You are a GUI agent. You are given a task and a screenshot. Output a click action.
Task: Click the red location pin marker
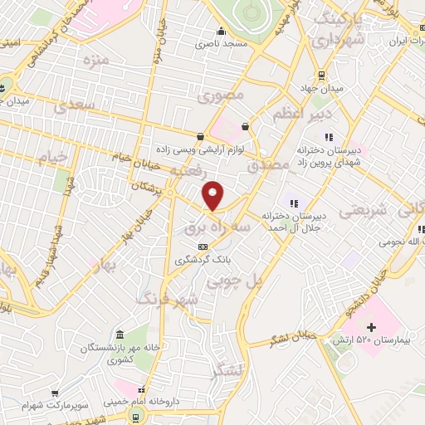[x=213, y=195]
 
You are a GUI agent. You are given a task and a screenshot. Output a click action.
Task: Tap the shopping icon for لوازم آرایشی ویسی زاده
[x=200, y=136]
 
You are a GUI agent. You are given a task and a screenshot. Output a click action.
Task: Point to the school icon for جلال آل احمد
[x=292, y=202]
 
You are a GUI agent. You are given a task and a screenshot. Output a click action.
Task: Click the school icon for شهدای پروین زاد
[x=329, y=137]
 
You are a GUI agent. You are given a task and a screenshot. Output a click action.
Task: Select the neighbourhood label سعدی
[x=76, y=106]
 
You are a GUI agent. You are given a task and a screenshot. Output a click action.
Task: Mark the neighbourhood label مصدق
[x=266, y=166]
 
